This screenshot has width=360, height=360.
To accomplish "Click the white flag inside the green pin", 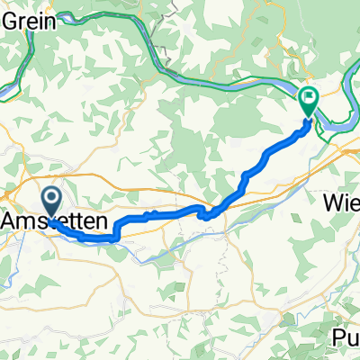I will [308, 96].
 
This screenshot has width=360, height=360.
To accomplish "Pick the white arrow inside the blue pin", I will [52, 199].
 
